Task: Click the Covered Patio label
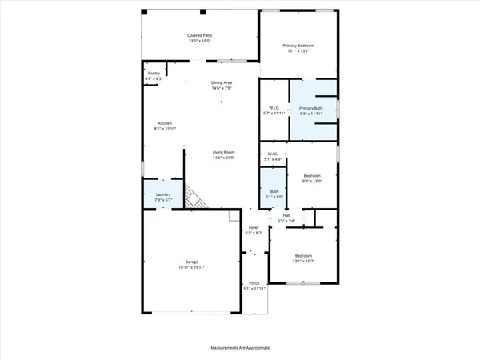pos(199,36)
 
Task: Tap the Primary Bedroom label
pos(298,46)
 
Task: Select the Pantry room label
pos(154,73)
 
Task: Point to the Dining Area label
pos(222,83)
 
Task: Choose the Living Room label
pos(222,152)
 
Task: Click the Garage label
pos(191,262)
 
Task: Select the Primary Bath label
pos(311,108)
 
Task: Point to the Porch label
pos(254,283)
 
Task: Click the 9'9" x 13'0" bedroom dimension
pos(312,181)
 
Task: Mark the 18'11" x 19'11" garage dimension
pos(191,267)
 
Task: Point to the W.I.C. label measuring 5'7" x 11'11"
pos(274,114)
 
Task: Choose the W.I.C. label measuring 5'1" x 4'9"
pos(274,159)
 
